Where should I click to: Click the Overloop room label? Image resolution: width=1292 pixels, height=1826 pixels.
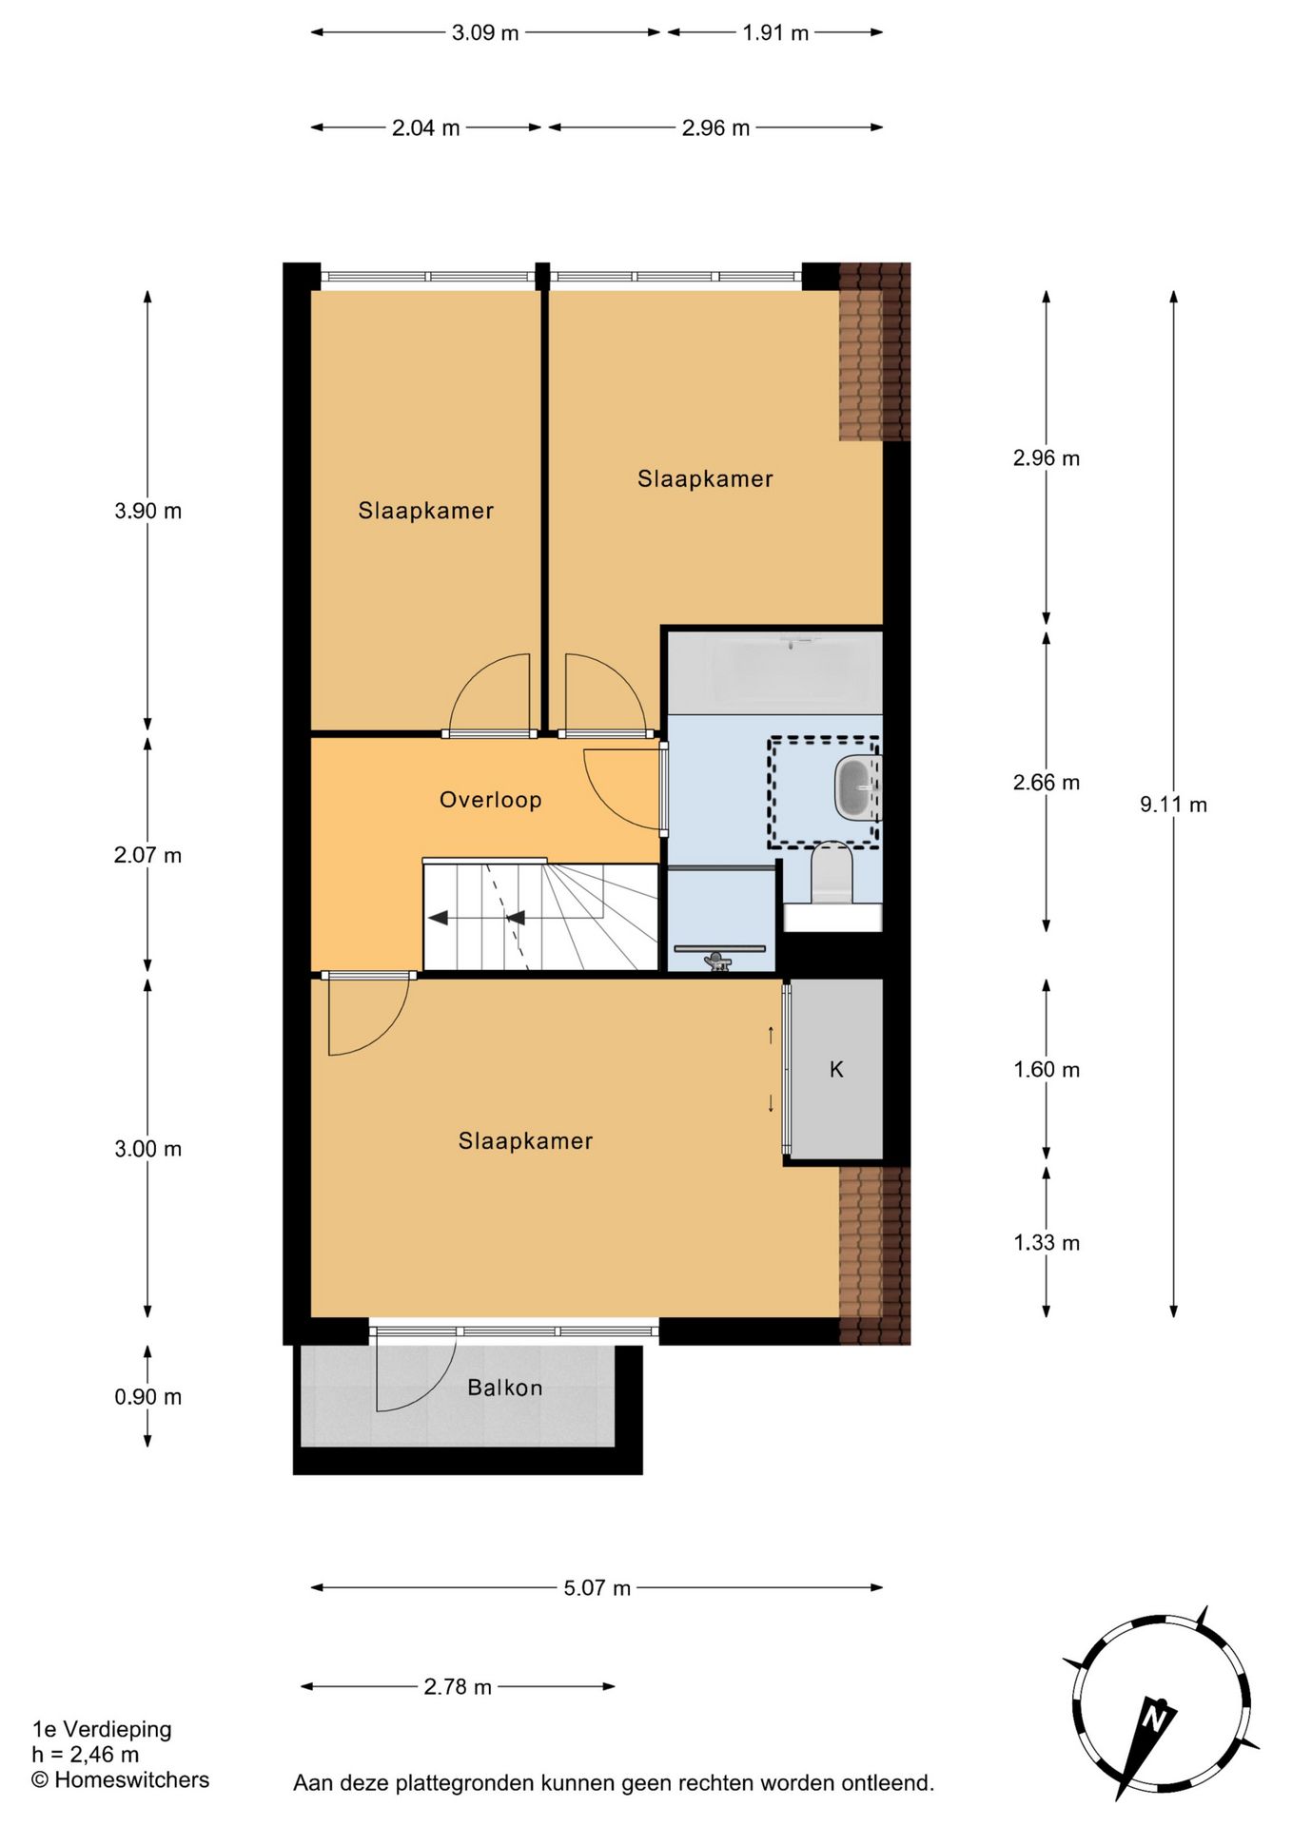pyautogui.click(x=490, y=800)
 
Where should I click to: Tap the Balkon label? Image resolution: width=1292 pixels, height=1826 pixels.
pyautogui.click(x=504, y=1388)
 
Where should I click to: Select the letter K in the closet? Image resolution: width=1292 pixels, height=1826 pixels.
pyautogui.click(x=836, y=1069)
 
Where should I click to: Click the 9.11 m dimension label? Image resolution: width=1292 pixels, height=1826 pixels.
pyautogui.click(x=1173, y=805)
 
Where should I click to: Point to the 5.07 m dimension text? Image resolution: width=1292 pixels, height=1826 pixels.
pyautogui.click(x=597, y=1587)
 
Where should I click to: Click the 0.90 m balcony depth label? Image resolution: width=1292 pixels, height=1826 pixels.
pyautogui.click(x=147, y=1396)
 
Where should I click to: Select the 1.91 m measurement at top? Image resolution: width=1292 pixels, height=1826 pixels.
pyautogui.click(x=774, y=32)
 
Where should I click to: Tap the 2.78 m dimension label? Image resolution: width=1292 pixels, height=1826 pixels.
pyautogui.click(x=457, y=1686)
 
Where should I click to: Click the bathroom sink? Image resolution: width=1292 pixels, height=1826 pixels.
pyautogui.click(x=856, y=787)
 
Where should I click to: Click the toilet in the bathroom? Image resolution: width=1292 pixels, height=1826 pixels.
pyautogui.click(x=832, y=873)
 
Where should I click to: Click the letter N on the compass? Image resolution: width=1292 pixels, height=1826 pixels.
pyautogui.click(x=1155, y=1719)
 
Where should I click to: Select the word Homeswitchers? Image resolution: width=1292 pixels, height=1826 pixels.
pyautogui.click(x=131, y=1779)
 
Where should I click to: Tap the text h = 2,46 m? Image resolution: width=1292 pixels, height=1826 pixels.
pyautogui.click(x=85, y=1754)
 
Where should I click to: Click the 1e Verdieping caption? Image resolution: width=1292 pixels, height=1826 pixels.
pyautogui.click(x=102, y=1729)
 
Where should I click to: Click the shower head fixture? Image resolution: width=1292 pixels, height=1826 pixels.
pyautogui.click(x=717, y=962)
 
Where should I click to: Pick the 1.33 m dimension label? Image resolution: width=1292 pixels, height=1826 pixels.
pyautogui.click(x=1046, y=1242)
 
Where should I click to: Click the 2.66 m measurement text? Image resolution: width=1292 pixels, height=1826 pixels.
pyautogui.click(x=1046, y=782)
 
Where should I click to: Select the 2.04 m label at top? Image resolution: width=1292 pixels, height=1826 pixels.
pyautogui.click(x=425, y=127)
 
